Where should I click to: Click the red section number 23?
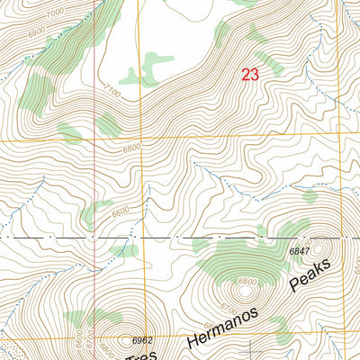point(250,76)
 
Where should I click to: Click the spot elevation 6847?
point(300,251)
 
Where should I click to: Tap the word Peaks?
point(310,275)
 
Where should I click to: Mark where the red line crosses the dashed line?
point(95,238)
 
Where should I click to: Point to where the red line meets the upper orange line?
point(95,141)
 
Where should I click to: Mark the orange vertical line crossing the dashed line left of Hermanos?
point(140,238)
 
